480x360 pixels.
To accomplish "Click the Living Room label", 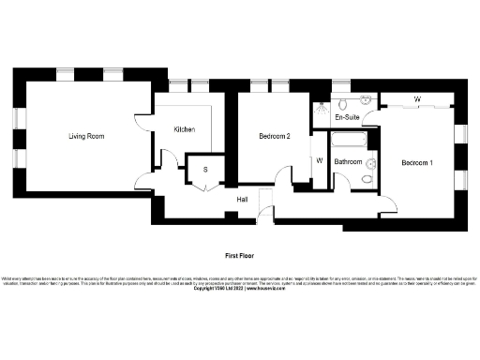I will point(85,137).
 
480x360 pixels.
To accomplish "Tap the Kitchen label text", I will point(183,129).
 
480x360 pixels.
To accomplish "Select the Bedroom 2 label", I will point(275,137).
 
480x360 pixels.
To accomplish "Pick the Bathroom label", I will point(349,162).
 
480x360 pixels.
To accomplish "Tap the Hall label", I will point(242,199).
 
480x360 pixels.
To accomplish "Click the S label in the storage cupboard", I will point(205,170).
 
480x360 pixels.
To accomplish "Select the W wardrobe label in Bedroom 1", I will point(416,99).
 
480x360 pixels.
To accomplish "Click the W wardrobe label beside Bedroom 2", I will point(320,159).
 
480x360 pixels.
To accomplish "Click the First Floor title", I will point(239,255).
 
